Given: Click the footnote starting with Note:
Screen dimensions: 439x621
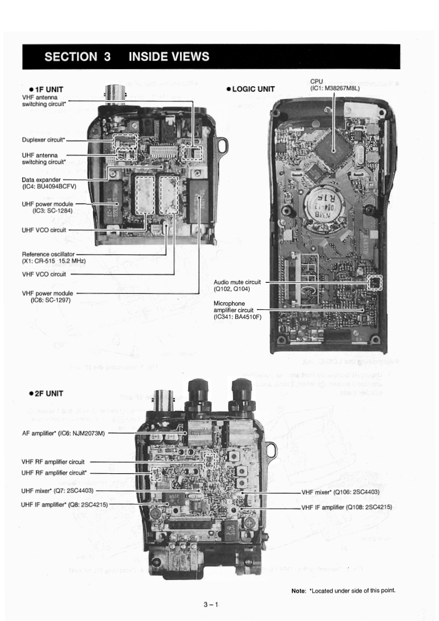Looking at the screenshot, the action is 344,591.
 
